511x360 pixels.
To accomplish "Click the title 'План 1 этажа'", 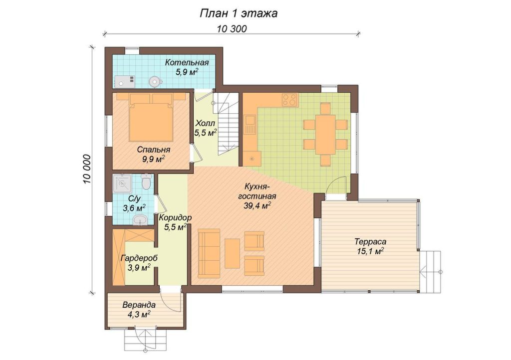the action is pyautogui.click(x=238, y=13).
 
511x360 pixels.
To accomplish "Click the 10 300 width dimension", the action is pyautogui.click(x=232, y=29).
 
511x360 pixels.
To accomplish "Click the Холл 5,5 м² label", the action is pyautogui.click(x=205, y=128).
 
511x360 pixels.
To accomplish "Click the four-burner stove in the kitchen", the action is pyautogui.click(x=290, y=100).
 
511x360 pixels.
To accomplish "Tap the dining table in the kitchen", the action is pyautogui.click(x=325, y=135).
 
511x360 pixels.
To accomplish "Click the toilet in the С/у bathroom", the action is pyautogui.click(x=146, y=182).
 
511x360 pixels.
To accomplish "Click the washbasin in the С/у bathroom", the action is pyautogui.click(x=140, y=220).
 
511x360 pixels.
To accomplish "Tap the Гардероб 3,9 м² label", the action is pyautogui.click(x=139, y=263).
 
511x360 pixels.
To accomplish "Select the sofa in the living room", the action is pyautogui.click(x=209, y=253).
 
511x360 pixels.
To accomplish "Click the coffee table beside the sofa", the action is pyautogui.click(x=233, y=253).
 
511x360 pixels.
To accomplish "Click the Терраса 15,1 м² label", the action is pyautogui.click(x=370, y=246).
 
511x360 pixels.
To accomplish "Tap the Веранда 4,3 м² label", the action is pyautogui.click(x=139, y=310).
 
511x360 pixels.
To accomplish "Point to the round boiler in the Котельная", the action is pyautogui.click(x=155, y=81).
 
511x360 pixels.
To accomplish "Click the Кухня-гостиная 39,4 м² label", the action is pyautogui.click(x=257, y=196).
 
